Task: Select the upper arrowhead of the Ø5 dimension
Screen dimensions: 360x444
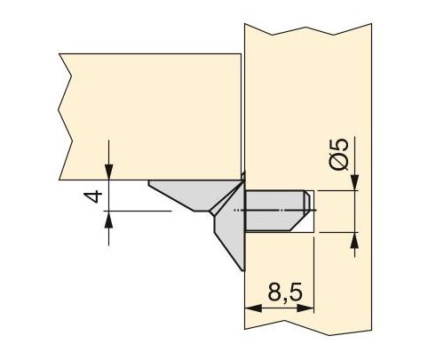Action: [354, 184]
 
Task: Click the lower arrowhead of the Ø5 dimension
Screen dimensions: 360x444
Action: [354, 237]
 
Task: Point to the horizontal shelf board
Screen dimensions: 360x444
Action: [151, 116]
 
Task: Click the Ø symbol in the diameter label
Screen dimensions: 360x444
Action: [339, 172]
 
